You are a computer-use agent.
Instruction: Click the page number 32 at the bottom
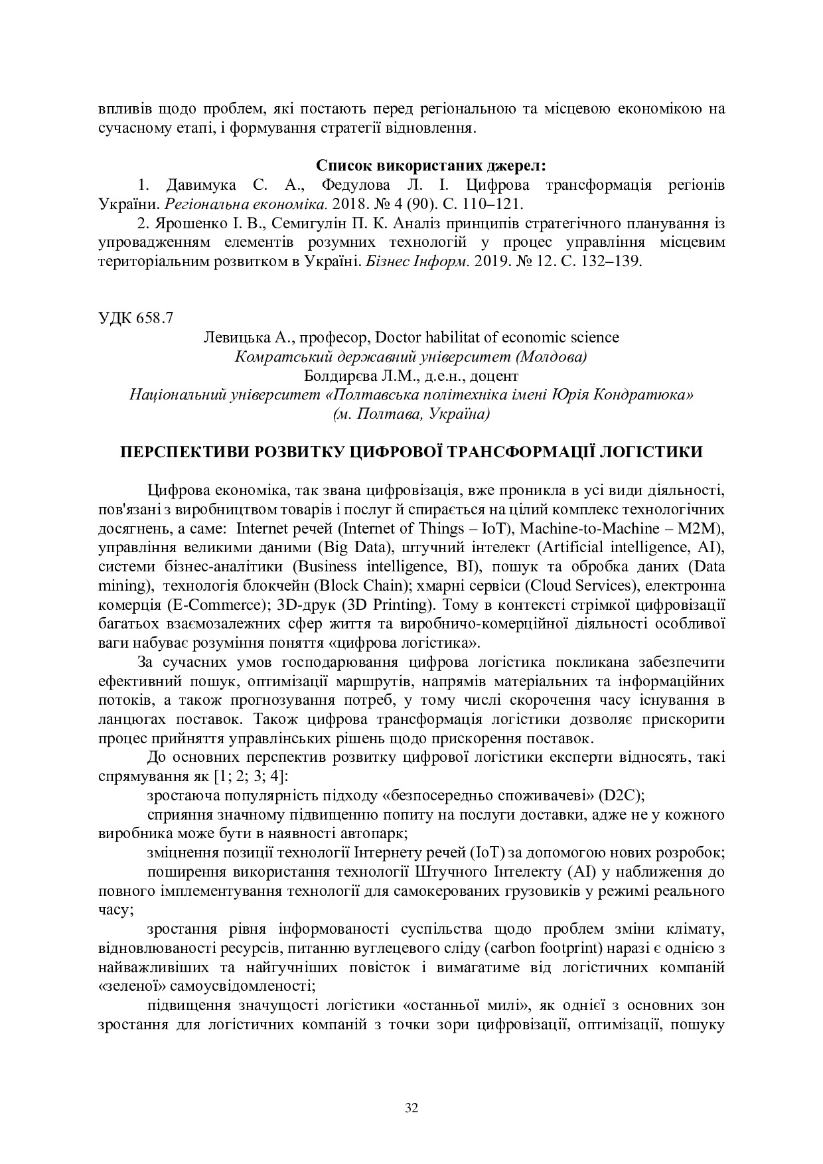[411, 1108]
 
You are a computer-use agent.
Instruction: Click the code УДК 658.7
[135, 317]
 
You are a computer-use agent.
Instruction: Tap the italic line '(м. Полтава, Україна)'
[411, 414]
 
